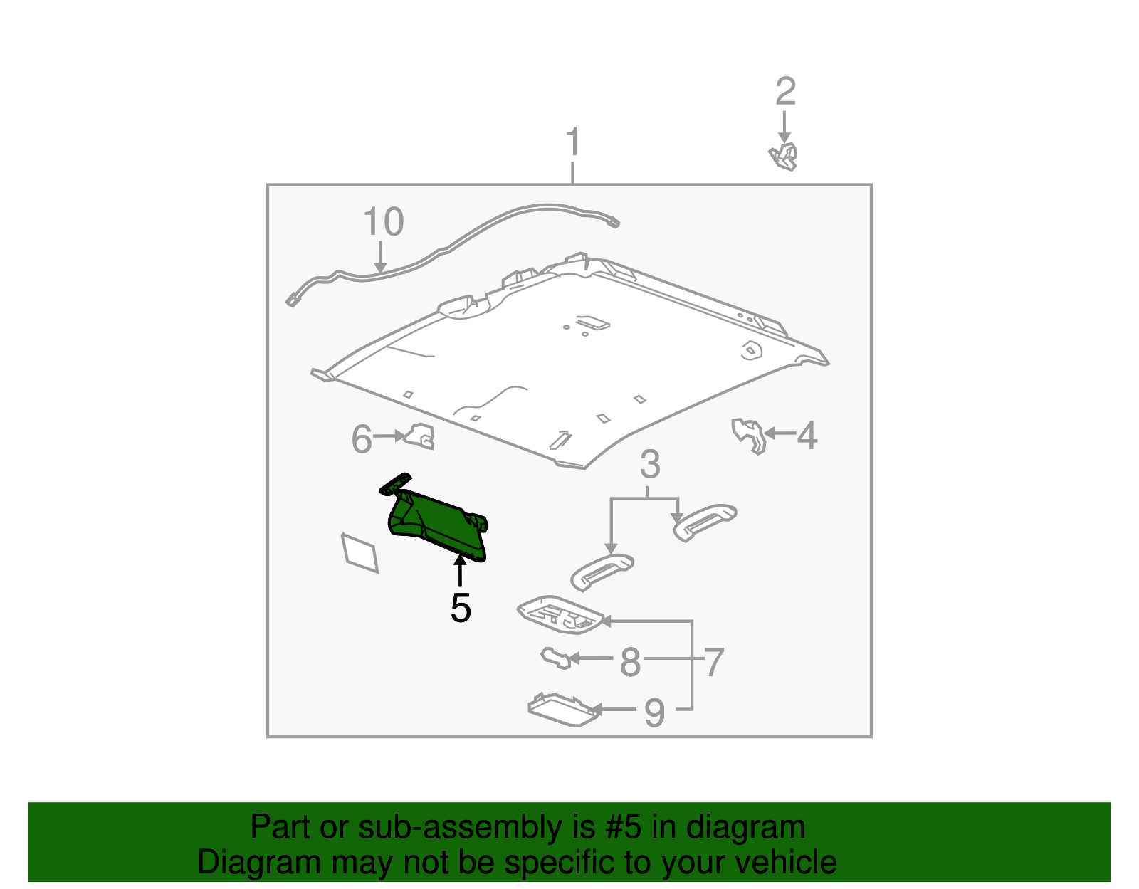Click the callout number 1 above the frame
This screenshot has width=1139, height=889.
tap(573, 142)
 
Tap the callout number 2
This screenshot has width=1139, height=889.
tap(785, 91)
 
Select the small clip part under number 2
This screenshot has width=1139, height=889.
tap(783, 157)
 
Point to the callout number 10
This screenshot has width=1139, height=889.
tap(384, 221)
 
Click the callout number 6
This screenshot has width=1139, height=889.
tap(361, 439)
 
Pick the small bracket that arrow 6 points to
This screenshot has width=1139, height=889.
tap(419, 436)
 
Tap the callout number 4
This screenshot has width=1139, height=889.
tap(807, 436)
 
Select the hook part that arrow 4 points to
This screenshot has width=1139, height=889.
tap(749, 436)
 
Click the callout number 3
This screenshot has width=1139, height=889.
tap(650, 464)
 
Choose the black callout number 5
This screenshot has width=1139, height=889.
tap(461, 608)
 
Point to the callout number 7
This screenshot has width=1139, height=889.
tap(714, 662)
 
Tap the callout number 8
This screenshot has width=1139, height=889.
tap(630, 662)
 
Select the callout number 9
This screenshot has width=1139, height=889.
tap(654, 713)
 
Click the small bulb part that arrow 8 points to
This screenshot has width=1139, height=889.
tap(555, 658)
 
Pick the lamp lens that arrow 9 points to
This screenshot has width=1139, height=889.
tap(564, 710)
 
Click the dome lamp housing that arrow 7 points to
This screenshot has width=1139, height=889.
tap(560, 614)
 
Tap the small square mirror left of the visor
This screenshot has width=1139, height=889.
tap(359, 553)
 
